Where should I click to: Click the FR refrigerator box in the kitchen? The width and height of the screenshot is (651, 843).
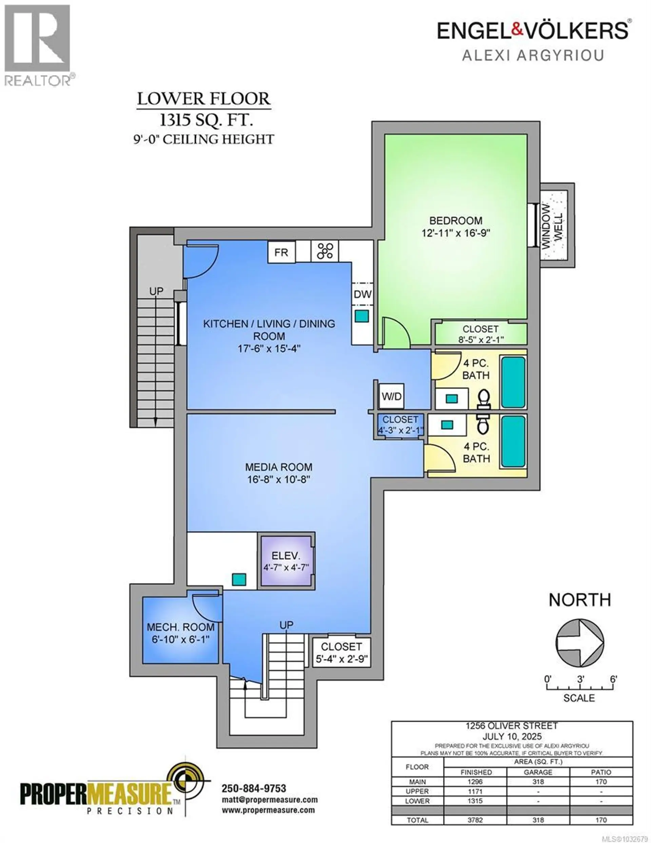[x=281, y=252]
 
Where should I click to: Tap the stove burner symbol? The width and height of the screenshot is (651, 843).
[x=325, y=251]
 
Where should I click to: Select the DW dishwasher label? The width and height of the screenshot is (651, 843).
[x=362, y=294]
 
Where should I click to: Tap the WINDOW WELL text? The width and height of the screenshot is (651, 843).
[x=552, y=226]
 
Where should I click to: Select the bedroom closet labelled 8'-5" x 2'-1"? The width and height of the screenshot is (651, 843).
[x=480, y=334]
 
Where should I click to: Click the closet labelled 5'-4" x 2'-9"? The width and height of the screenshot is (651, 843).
[x=341, y=653]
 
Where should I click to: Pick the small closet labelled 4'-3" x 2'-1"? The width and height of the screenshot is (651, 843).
[x=400, y=425]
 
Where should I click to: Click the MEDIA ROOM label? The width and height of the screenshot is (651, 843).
[x=279, y=467]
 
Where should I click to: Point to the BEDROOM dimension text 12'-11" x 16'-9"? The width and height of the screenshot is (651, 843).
[x=455, y=233]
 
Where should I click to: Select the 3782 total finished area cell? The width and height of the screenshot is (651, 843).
[x=475, y=820]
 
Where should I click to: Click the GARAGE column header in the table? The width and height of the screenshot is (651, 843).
[x=538, y=772]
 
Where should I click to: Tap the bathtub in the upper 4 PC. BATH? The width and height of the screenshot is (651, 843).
[x=513, y=382]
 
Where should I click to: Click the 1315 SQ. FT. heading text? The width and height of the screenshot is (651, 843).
[x=206, y=120]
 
